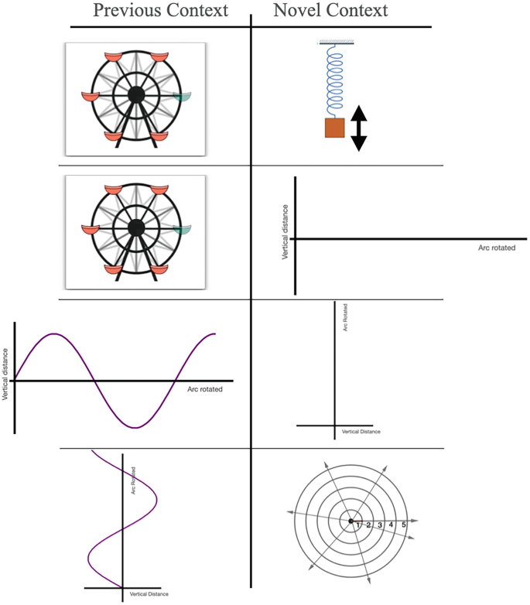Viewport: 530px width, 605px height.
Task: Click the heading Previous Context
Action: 160,11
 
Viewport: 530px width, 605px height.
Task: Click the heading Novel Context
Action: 330,11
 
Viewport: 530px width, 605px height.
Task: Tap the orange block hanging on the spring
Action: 334,128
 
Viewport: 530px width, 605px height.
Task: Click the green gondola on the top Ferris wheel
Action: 183,97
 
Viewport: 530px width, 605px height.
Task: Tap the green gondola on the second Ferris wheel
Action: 183,230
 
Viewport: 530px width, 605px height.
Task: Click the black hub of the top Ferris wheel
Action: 136,94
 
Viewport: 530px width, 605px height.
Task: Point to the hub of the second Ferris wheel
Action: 136,227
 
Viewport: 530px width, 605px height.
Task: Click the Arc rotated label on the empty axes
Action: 498,248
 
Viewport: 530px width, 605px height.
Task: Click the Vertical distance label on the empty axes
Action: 286,231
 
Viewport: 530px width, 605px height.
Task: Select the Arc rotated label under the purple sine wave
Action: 204,389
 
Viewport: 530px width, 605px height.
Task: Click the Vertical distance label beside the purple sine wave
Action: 5,372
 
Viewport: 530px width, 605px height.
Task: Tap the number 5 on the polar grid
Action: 403,525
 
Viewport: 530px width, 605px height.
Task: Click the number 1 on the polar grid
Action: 358,525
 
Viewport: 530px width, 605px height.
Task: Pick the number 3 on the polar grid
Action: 380,525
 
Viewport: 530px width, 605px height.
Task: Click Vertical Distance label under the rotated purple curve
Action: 149,593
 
